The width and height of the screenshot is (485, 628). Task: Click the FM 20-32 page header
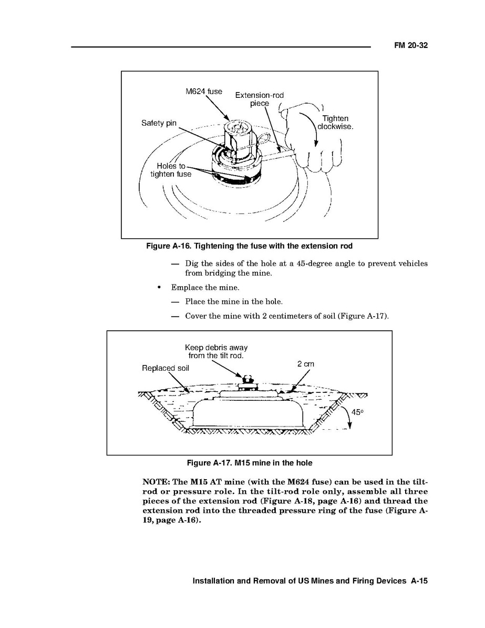[411, 46]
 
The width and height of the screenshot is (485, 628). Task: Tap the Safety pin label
[159, 123]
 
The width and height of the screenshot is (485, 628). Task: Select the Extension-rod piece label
[259, 99]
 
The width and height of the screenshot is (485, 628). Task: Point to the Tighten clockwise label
[335, 123]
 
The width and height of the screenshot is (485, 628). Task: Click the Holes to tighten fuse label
[171, 170]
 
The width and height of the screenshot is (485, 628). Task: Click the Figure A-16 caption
[249, 246]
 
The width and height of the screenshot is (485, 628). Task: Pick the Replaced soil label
[165, 368]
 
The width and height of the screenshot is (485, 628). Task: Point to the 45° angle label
[357, 413]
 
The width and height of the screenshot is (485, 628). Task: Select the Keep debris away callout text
[216, 351]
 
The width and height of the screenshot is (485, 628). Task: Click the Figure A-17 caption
[250, 463]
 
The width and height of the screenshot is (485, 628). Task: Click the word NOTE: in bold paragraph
[158, 482]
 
